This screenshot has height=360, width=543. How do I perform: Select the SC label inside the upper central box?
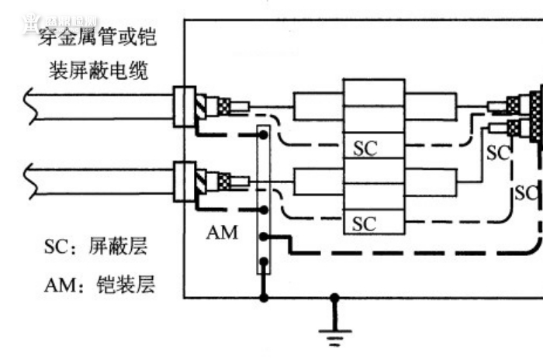tap(365, 147)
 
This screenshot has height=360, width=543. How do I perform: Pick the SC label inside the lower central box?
tap(365, 223)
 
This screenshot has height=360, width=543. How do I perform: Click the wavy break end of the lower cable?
tap(29, 181)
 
